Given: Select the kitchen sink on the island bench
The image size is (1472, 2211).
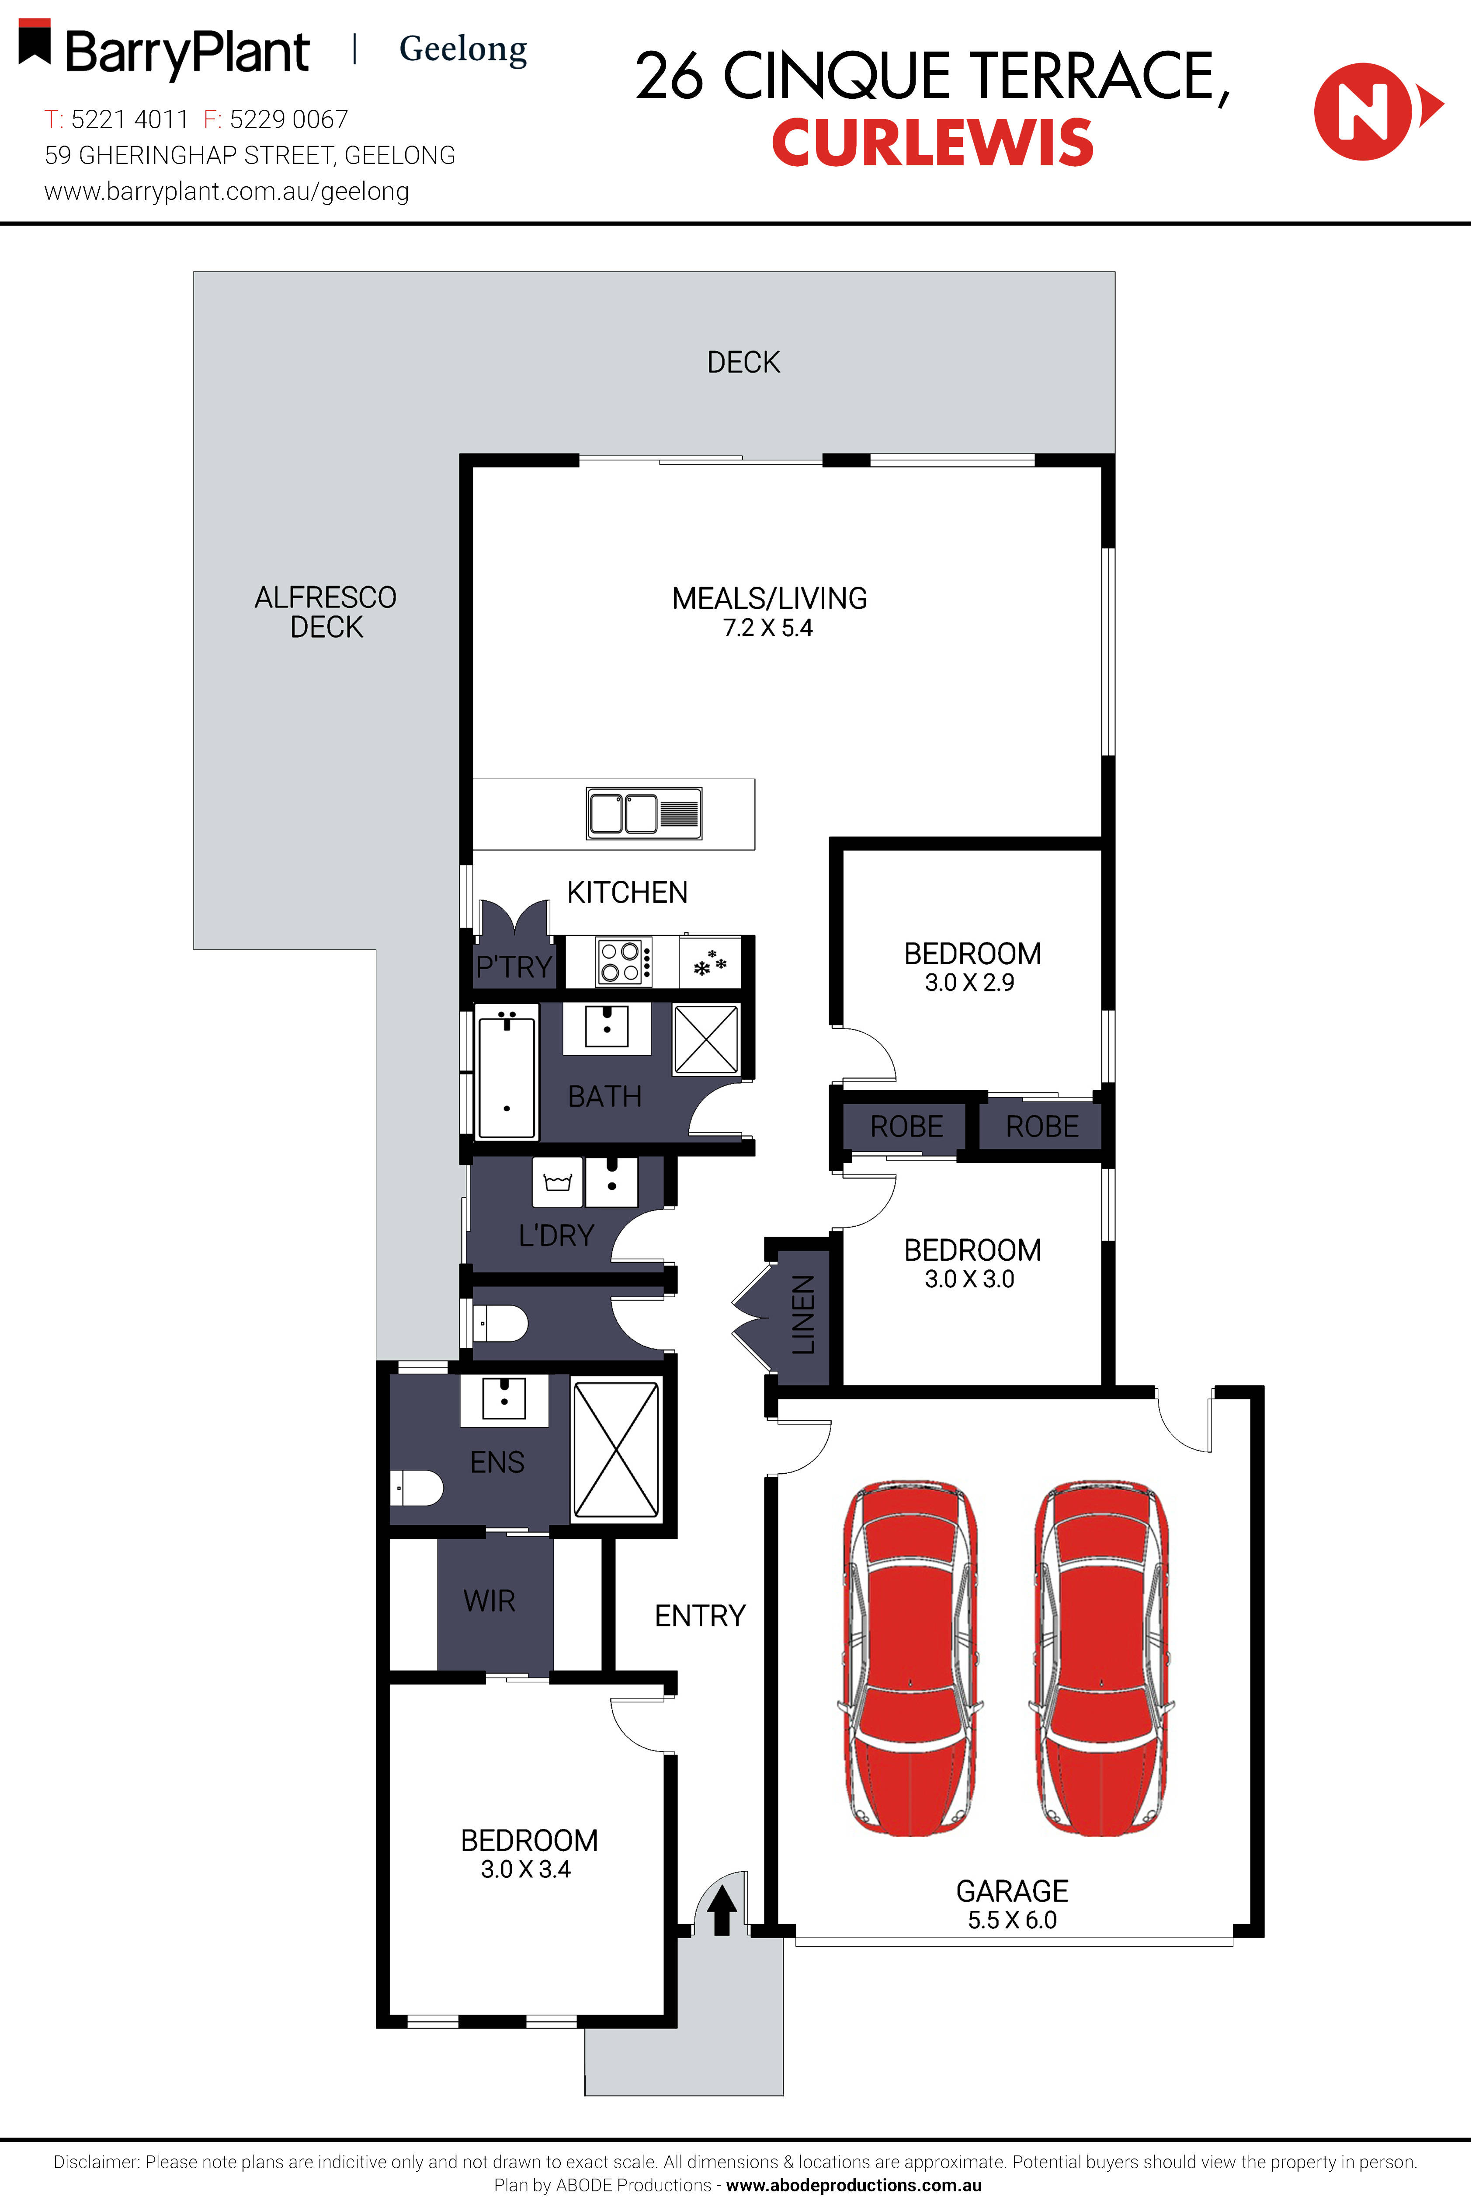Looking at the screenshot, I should pyautogui.click(x=644, y=813).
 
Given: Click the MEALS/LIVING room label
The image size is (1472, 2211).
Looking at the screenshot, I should pyautogui.click(x=769, y=598).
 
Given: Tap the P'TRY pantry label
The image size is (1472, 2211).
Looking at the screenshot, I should pyautogui.click(x=514, y=966).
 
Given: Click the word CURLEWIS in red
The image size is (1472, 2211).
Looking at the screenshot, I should pyautogui.click(x=932, y=143).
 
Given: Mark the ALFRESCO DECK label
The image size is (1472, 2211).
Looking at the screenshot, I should pyautogui.click(x=326, y=611).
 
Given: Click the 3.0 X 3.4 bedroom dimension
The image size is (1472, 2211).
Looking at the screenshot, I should pyautogui.click(x=526, y=1869).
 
